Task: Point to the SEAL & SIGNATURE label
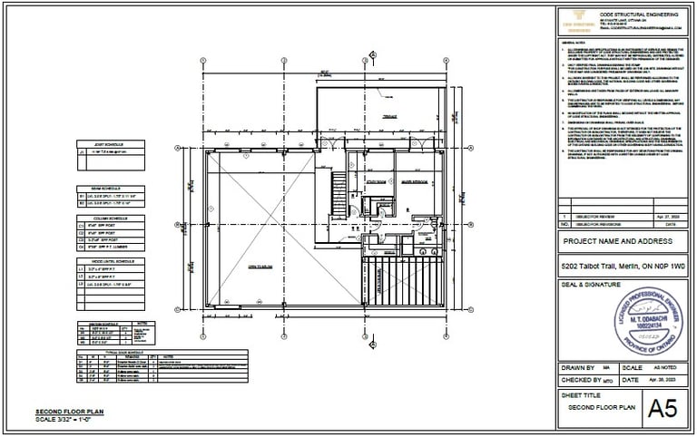pyautogui.click(x=595, y=285)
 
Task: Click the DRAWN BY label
pyautogui.click(x=580, y=366)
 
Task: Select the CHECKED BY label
pyautogui.click(x=583, y=381)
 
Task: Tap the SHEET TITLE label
pyautogui.click(x=582, y=396)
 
